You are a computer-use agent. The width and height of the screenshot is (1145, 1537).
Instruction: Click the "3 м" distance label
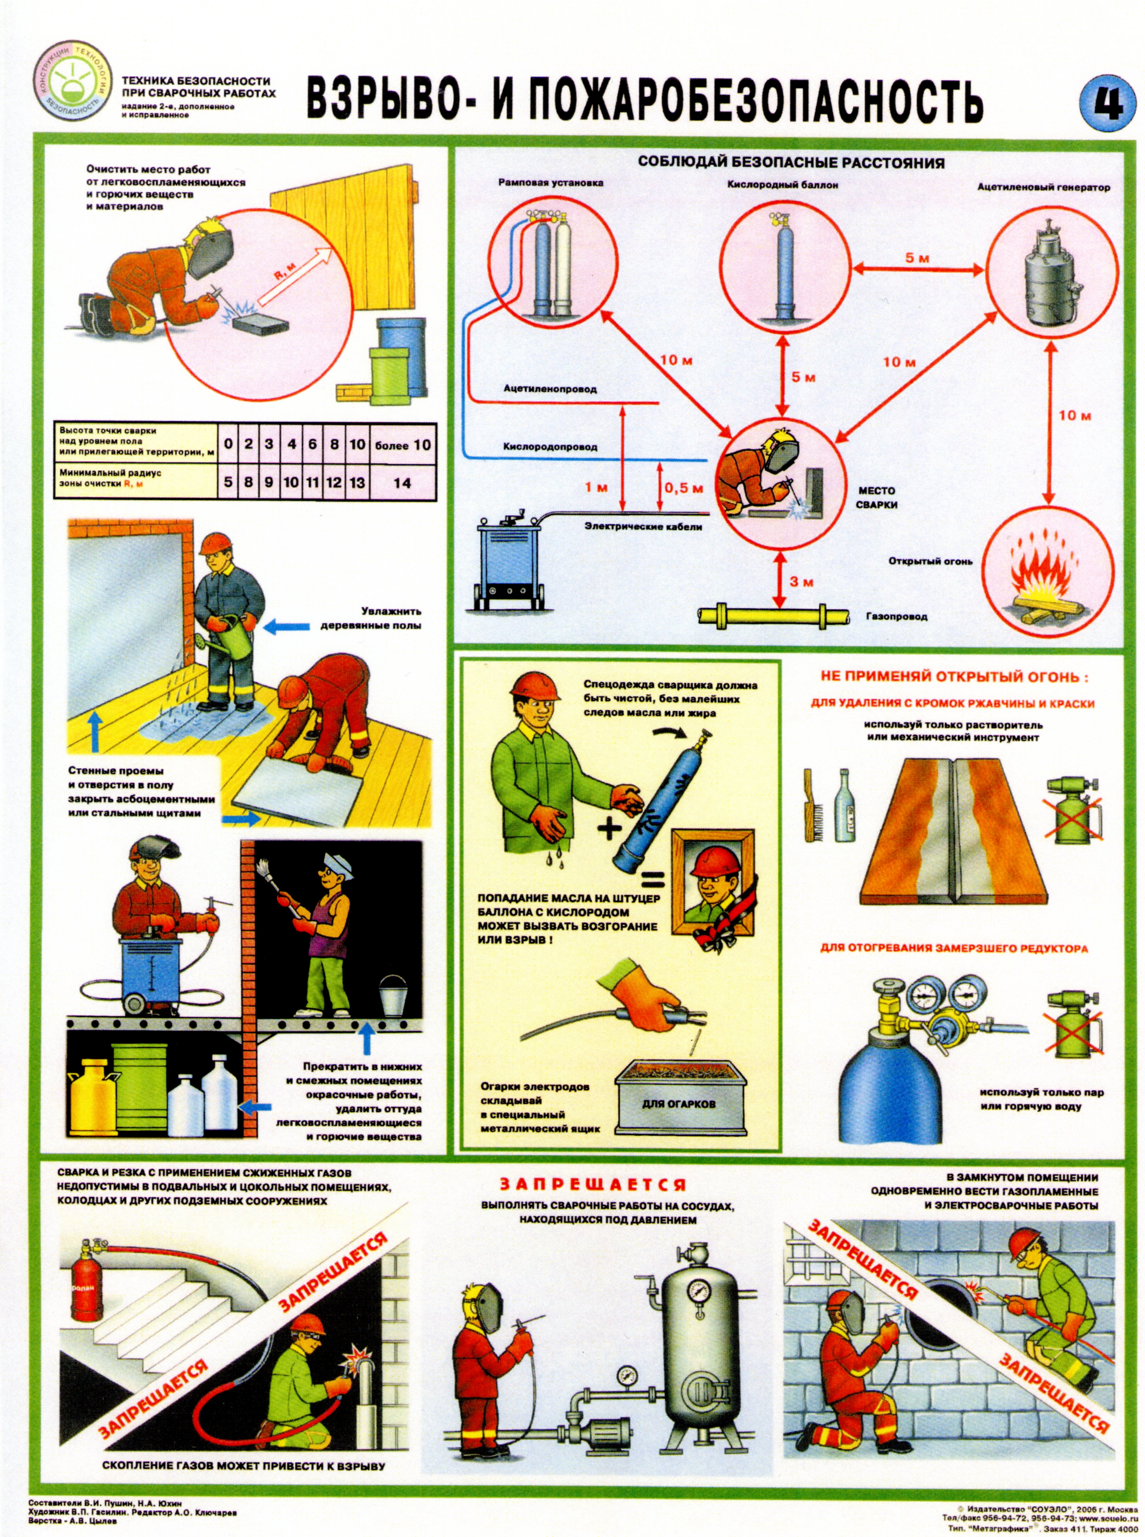[802, 582]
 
